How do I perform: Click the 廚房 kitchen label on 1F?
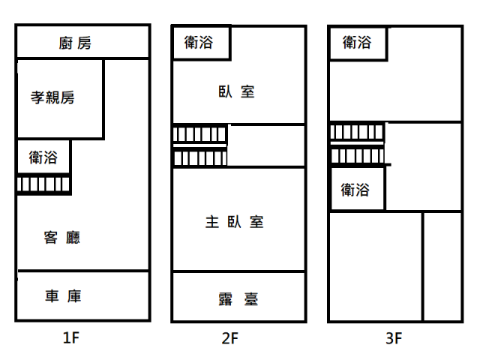point(75,43)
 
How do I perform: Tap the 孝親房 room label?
point(53,97)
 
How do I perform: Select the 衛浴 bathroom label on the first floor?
point(43,157)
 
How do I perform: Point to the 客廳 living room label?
point(62,238)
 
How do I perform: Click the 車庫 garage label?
point(63,296)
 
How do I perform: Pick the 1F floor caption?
point(71,338)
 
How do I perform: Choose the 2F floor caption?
point(230,338)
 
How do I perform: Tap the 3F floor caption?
point(394,338)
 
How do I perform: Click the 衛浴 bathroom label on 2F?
point(199,43)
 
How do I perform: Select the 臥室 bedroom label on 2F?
point(236,92)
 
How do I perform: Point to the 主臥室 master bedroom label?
point(234,222)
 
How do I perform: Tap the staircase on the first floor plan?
point(43,184)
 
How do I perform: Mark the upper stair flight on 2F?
point(199,134)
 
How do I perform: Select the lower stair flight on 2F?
point(199,158)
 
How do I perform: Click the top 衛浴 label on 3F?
point(356,43)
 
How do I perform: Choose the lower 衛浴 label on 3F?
point(355,190)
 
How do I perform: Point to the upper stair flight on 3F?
point(357,132)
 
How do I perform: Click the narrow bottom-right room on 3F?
point(442,266)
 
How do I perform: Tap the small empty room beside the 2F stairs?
point(265,146)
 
